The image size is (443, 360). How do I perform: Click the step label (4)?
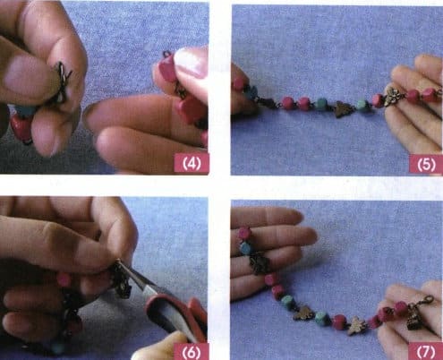coord(189,163)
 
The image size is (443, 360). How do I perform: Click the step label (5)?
coord(421,163)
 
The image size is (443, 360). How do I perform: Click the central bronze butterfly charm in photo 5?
coord(342,109)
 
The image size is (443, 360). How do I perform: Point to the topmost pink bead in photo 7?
coord(244,233)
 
